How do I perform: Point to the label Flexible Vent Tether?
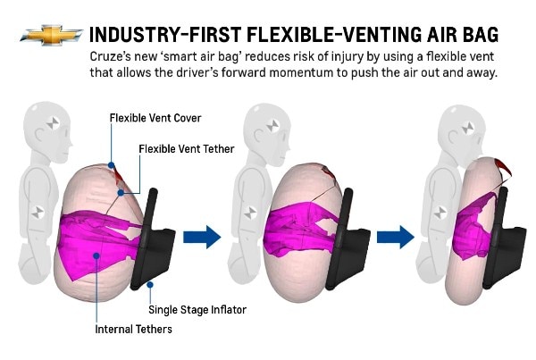[x=185, y=148]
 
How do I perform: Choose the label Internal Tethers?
[x=134, y=330]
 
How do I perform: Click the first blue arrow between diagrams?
[x=202, y=236]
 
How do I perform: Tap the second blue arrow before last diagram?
[x=394, y=236]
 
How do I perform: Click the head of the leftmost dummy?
[x=48, y=125]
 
